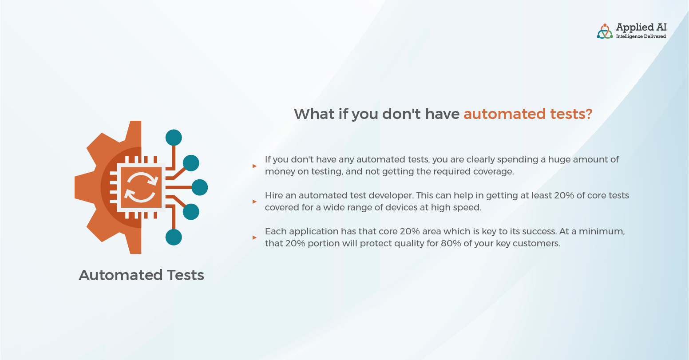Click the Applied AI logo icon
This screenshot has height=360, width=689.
click(x=605, y=32)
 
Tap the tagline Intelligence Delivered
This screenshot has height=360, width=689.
click(x=641, y=36)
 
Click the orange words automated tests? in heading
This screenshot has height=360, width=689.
click(x=528, y=114)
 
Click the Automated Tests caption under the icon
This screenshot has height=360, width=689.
click(x=142, y=275)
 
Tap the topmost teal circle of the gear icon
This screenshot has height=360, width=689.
click(x=174, y=138)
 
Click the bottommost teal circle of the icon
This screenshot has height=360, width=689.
click(x=174, y=237)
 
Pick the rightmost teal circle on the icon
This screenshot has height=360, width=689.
click(x=200, y=187)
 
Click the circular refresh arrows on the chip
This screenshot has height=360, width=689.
click(x=141, y=187)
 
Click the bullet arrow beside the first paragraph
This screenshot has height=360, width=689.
click(x=254, y=166)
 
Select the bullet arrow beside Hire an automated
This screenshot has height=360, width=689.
click(x=254, y=202)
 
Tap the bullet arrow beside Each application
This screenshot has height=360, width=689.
click(x=254, y=237)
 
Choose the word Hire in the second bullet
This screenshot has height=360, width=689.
click(x=274, y=195)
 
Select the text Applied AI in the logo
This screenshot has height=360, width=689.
click(x=641, y=28)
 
